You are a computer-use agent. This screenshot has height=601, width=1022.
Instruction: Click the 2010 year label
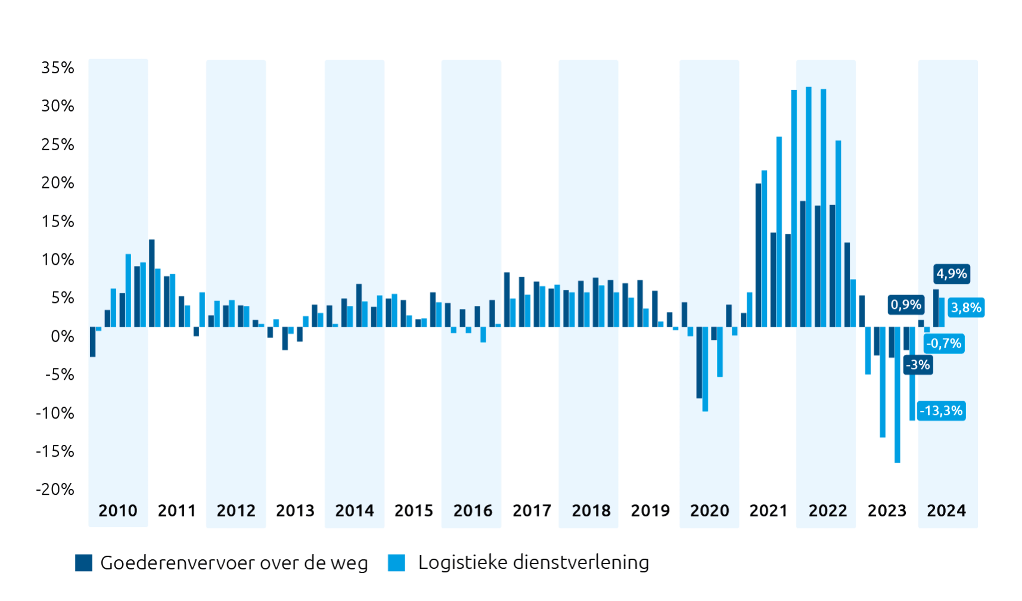coord(118,511)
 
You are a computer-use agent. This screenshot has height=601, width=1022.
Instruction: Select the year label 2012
coord(236,511)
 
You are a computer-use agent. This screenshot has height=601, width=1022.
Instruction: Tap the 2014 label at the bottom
coord(355,511)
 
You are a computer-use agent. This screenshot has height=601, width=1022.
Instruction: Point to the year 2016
coord(473,511)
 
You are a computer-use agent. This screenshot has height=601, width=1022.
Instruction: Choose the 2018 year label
coord(591,511)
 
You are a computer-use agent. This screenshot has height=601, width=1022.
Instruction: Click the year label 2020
coord(709,511)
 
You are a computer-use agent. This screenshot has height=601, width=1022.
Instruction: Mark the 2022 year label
coord(828,511)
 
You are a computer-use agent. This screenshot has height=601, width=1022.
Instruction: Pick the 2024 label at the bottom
coord(946,511)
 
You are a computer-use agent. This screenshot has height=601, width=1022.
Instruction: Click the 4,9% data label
coord(951,274)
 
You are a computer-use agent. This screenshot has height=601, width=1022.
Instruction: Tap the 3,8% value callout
coord(965,308)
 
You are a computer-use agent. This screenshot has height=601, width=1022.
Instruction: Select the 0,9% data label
coord(906,305)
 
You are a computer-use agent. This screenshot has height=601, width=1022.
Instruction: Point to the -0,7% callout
coord(944,343)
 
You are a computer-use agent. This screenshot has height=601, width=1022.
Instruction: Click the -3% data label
coord(918,364)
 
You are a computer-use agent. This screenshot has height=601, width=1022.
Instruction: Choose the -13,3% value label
coord(941,411)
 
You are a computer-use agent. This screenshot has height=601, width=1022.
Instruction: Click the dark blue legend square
coord(83,563)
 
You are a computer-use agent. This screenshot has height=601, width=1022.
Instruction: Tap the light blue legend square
coord(396,563)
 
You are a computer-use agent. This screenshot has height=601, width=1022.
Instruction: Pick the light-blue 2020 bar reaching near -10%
coord(705,369)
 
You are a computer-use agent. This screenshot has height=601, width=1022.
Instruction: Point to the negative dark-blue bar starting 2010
coord(92,342)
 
